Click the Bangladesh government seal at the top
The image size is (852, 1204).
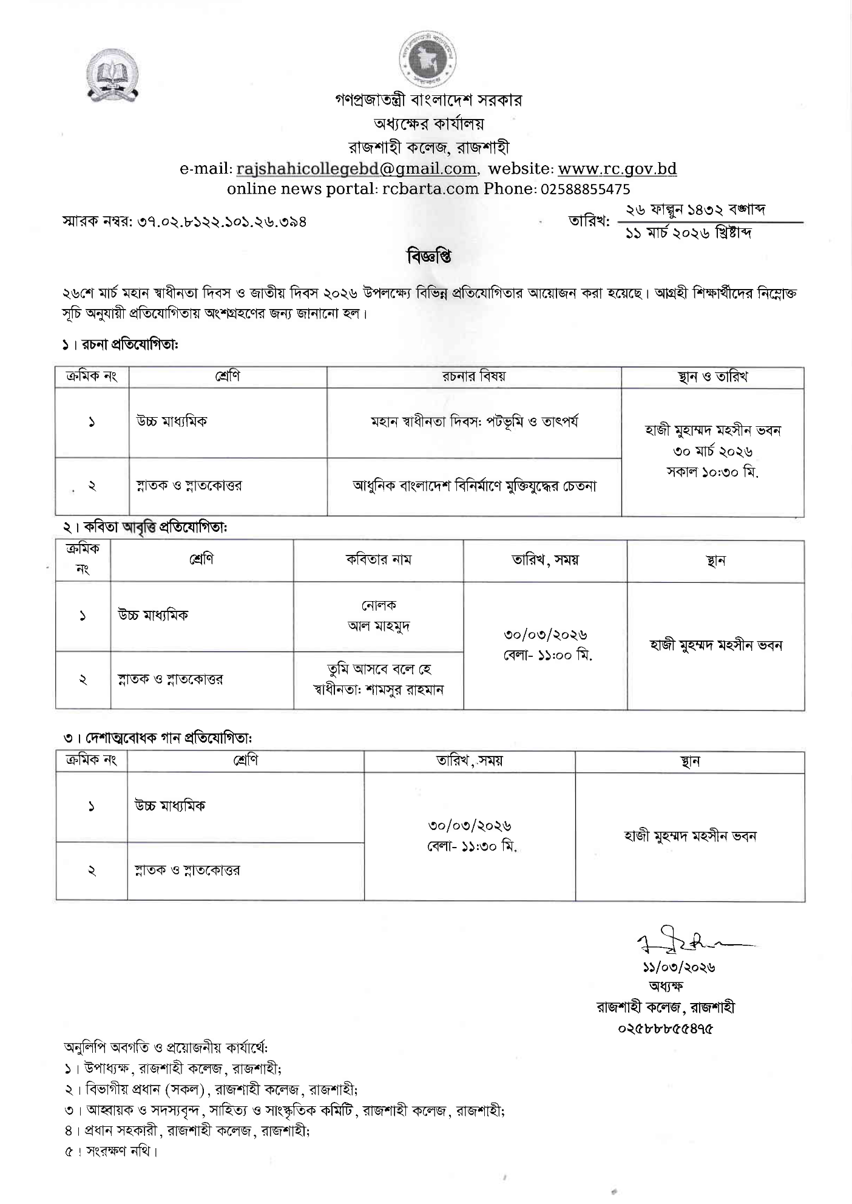click(x=428, y=60)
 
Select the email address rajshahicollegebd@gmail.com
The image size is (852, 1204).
click(x=356, y=168)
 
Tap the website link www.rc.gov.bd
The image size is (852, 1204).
click(x=617, y=168)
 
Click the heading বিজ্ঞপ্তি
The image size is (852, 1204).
click(x=428, y=257)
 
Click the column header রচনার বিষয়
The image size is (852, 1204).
click(x=473, y=376)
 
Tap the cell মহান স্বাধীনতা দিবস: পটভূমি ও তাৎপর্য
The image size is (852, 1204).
click(x=474, y=422)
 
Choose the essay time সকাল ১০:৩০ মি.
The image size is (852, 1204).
click(x=712, y=472)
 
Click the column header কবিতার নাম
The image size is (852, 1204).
click(x=378, y=560)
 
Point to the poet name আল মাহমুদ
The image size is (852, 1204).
click(x=379, y=626)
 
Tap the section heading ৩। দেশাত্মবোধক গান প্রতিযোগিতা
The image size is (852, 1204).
click(x=157, y=738)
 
